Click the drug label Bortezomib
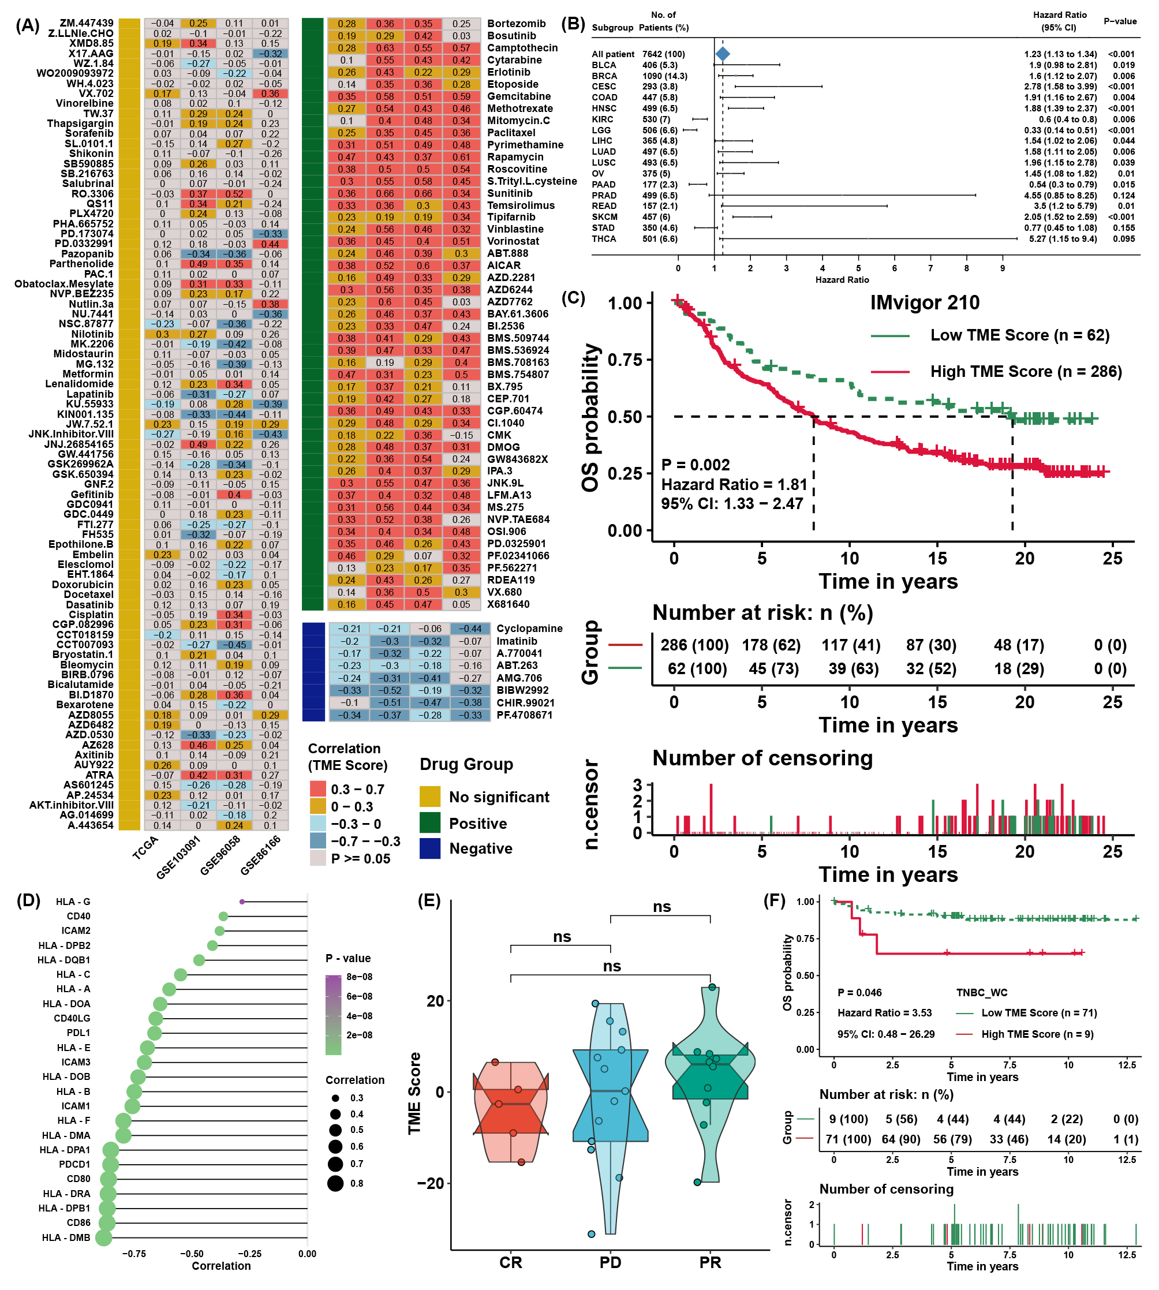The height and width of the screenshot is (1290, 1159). point(516,24)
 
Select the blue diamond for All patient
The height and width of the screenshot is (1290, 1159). point(722,54)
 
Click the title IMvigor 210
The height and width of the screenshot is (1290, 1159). point(924,302)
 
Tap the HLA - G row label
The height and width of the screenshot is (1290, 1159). point(73,902)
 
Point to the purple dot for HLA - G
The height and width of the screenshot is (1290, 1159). point(242,902)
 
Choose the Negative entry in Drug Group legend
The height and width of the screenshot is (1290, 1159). point(480,849)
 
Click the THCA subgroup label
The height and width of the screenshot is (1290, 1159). point(604,239)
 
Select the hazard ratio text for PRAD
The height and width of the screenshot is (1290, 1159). point(1060,196)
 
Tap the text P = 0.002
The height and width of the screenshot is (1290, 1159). point(696,465)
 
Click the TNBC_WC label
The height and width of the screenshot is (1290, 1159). point(981,993)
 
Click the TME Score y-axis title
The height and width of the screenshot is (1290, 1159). point(414,1093)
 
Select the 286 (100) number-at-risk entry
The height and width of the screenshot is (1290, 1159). point(694,645)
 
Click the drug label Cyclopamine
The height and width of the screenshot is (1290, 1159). point(529,629)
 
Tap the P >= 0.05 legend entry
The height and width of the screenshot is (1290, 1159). point(360,858)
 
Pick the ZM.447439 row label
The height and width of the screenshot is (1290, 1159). point(87,23)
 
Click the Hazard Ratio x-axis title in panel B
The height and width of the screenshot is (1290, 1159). point(842,279)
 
